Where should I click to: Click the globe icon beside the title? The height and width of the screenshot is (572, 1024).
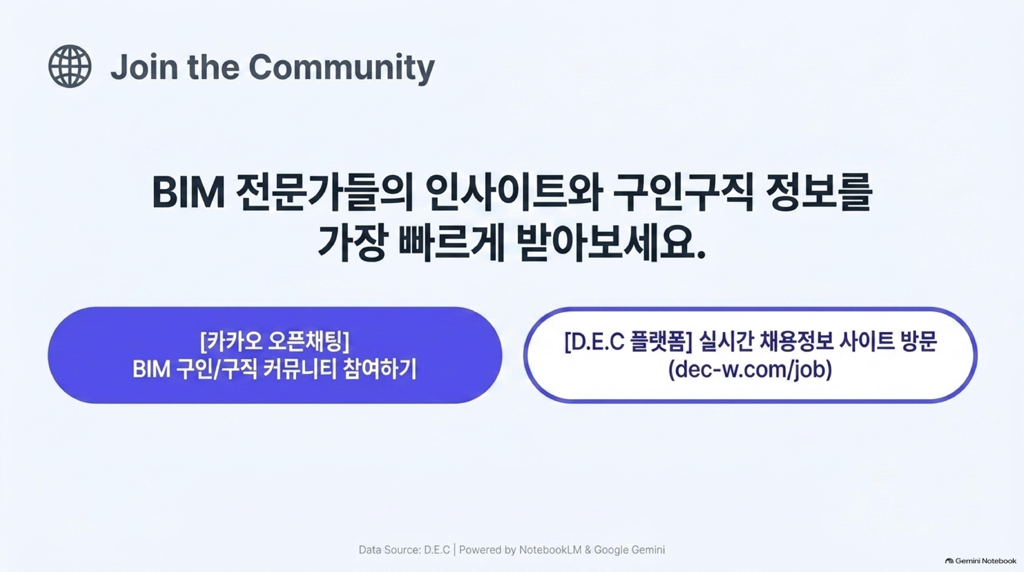point(70,66)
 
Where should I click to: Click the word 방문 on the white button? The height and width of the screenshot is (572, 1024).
point(919,342)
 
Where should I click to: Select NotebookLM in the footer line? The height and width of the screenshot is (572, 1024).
point(550,550)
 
